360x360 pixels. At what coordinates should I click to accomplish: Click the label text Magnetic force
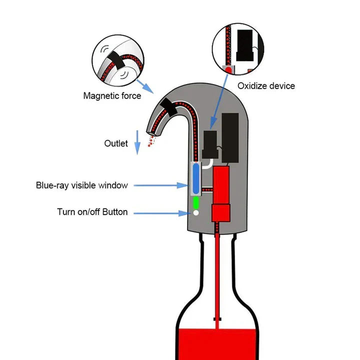(x=112, y=95)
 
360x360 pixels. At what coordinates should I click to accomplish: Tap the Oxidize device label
(x=266, y=85)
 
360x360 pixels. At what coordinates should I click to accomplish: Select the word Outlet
(x=116, y=143)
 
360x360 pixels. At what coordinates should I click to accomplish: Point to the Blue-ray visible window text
(x=82, y=185)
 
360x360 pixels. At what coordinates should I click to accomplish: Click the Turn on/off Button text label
(x=92, y=212)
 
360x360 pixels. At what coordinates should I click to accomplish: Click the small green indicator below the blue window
(x=196, y=203)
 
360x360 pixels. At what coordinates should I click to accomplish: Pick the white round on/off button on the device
(x=196, y=213)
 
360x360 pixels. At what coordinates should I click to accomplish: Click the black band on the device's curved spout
(x=167, y=106)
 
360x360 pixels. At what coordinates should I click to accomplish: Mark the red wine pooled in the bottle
(x=217, y=345)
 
